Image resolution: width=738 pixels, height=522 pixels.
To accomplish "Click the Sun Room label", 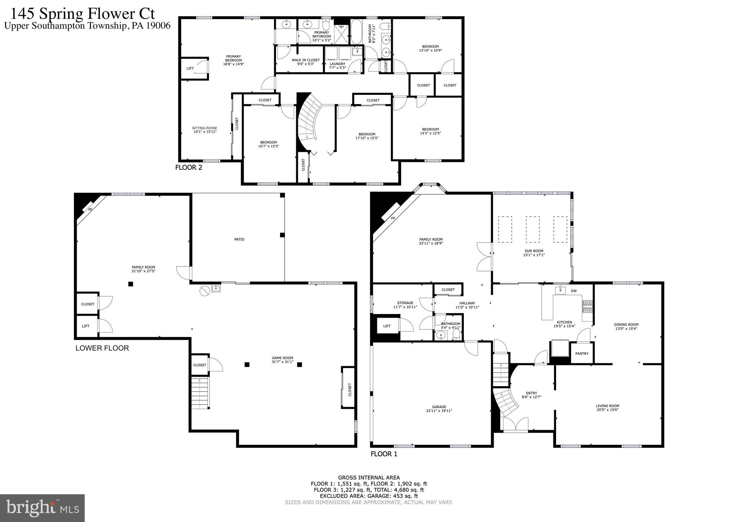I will click(533, 251).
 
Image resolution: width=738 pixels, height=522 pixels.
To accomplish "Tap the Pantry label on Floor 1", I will click(582, 354).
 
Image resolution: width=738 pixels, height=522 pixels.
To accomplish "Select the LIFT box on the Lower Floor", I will click(86, 326).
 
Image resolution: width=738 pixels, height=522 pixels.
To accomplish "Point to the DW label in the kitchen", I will click(573, 291).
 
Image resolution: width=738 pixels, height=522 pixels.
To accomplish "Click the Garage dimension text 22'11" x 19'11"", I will click(439, 411).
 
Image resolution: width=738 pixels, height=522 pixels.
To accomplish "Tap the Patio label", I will click(239, 239).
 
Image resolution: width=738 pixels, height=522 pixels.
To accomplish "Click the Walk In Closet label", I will click(306, 60).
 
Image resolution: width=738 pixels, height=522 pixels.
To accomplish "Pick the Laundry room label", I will click(337, 64).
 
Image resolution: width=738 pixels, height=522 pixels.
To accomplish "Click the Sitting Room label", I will click(204, 128).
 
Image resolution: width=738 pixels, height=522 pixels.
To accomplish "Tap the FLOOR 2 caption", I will click(188, 167).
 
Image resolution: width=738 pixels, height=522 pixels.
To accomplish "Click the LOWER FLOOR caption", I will click(102, 348).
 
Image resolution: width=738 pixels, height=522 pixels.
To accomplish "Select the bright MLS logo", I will click(43, 508).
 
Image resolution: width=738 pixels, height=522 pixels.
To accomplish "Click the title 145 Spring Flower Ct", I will click(83, 14).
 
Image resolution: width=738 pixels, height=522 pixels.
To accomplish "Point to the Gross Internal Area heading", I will click(369, 478).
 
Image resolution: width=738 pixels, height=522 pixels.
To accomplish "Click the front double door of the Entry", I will click(515, 424).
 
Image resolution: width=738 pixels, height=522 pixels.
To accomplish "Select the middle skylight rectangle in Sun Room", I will click(533, 229).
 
